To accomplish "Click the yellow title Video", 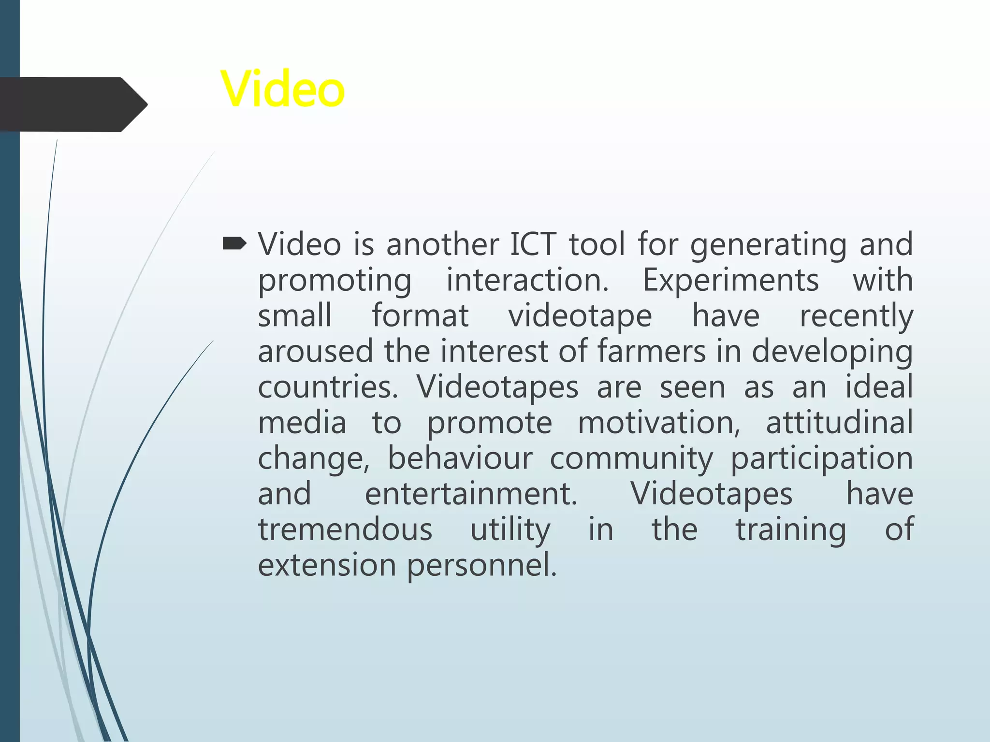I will (x=283, y=89).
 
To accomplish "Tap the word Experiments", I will (x=730, y=280).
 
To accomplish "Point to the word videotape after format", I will (x=580, y=315).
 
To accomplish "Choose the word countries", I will (x=328, y=387).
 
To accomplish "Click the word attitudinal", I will (x=839, y=423).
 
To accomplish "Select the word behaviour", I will (x=460, y=458).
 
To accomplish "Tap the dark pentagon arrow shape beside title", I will (x=73, y=104).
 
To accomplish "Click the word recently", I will (x=856, y=315).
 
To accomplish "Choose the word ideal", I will (x=879, y=387).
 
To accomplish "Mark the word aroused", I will (x=315, y=351).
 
